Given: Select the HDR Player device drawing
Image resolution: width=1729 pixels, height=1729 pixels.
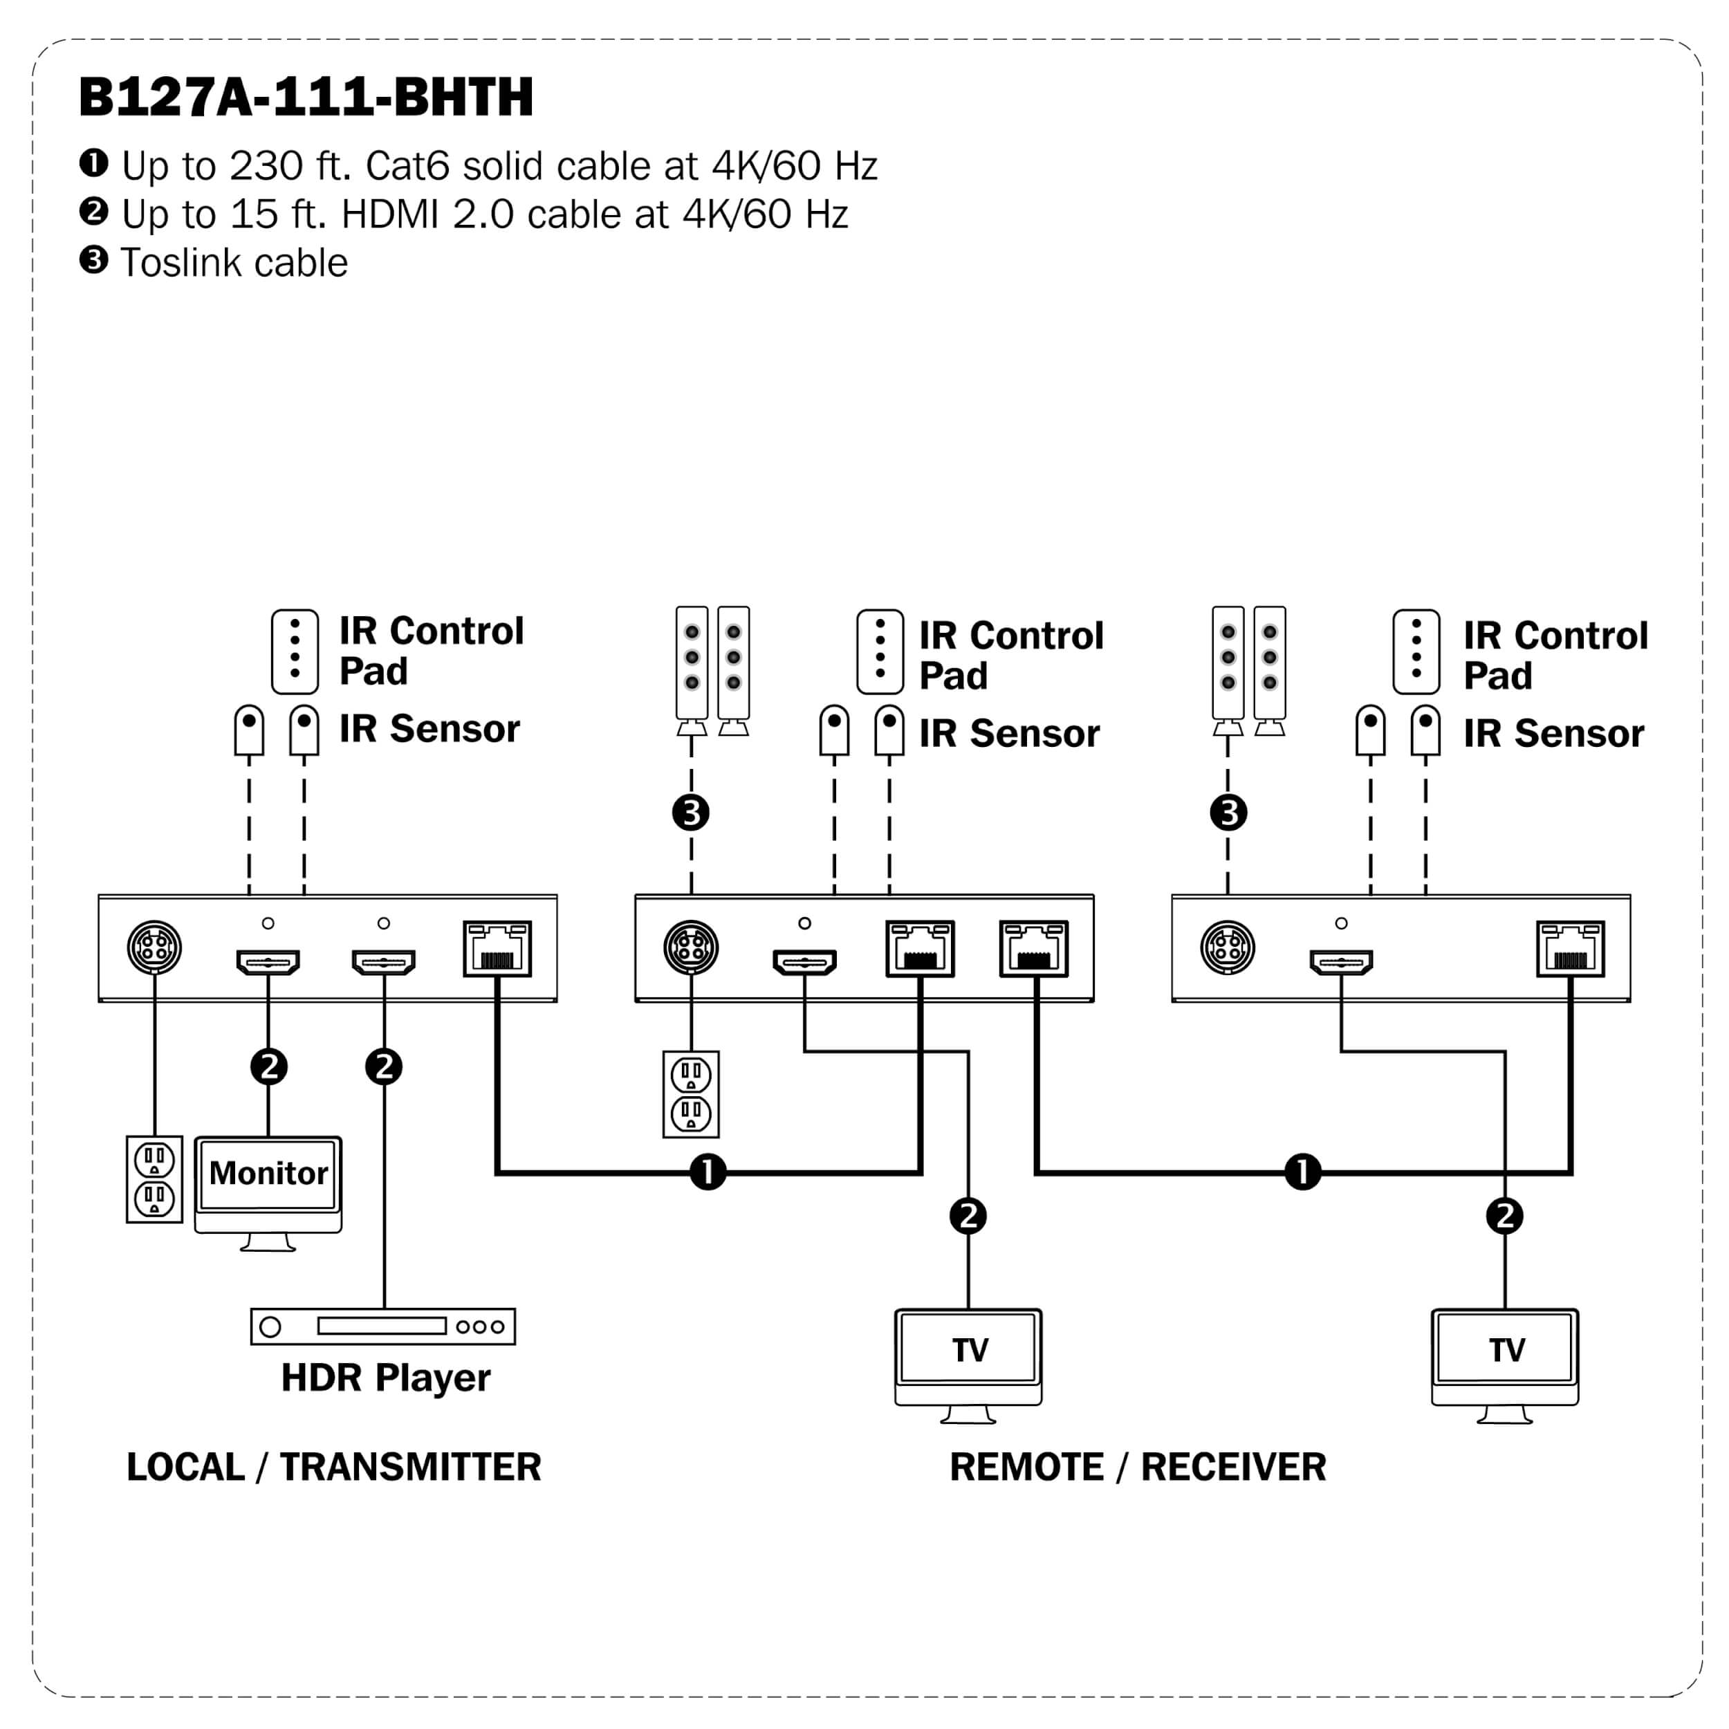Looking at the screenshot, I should [383, 1326].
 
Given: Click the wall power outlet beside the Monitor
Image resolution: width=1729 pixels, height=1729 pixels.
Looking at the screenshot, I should [154, 1179].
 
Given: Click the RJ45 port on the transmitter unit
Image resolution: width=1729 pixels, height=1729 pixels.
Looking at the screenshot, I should [497, 949].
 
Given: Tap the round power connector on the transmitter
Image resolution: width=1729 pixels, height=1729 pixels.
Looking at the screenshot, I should [154, 947].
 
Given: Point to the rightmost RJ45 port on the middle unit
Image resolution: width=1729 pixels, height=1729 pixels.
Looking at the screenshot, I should [1034, 949].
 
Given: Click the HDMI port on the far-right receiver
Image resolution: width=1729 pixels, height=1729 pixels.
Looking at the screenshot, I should [1340, 962].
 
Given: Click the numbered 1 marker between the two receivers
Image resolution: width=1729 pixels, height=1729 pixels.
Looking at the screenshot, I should [1302, 1172].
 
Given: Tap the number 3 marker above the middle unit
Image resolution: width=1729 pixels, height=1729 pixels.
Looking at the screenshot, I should [691, 813].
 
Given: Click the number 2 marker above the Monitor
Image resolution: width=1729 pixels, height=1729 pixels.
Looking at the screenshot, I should [268, 1066].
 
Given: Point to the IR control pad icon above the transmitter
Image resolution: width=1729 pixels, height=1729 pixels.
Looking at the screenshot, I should [295, 651].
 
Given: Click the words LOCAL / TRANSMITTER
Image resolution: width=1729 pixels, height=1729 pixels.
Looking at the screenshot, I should [334, 1467].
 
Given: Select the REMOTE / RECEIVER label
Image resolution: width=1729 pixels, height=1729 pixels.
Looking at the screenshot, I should [1138, 1467].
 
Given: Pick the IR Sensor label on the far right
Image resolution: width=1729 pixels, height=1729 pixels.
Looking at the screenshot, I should [1553, 734].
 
